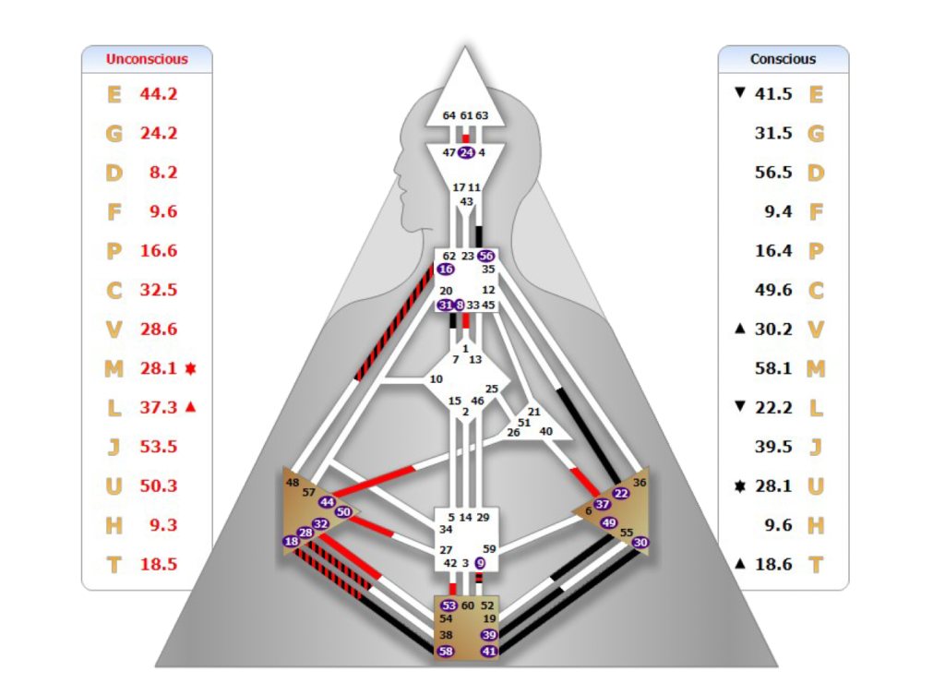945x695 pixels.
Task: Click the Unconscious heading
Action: click(147, 59)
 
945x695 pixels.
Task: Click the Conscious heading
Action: click(783, 59)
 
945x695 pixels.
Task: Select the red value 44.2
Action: click(159, 93)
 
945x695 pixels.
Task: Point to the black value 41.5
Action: click(773, 94)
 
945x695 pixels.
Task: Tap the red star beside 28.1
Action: click(191, 368)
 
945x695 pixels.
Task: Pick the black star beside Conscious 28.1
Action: click(739, 486)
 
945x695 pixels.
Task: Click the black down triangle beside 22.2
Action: click(739, 408)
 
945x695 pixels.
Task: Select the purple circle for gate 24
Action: click(466, 152)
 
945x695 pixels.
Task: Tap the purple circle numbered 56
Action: click(486, 256)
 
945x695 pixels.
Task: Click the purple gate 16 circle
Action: click(447, 269)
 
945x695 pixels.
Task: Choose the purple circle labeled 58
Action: click(447, 652)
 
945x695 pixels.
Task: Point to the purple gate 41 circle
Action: click(489, 652)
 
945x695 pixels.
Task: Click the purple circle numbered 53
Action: click(449, 605)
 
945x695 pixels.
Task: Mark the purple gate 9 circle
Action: click(481, 562)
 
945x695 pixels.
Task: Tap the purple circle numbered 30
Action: click(641, 543)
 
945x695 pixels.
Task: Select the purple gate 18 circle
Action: click(292, 542)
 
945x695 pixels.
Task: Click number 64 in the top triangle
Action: click(449, 115)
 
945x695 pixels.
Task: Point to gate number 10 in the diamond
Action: click(436, 379)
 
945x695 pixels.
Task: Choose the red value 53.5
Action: click(159, 447)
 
